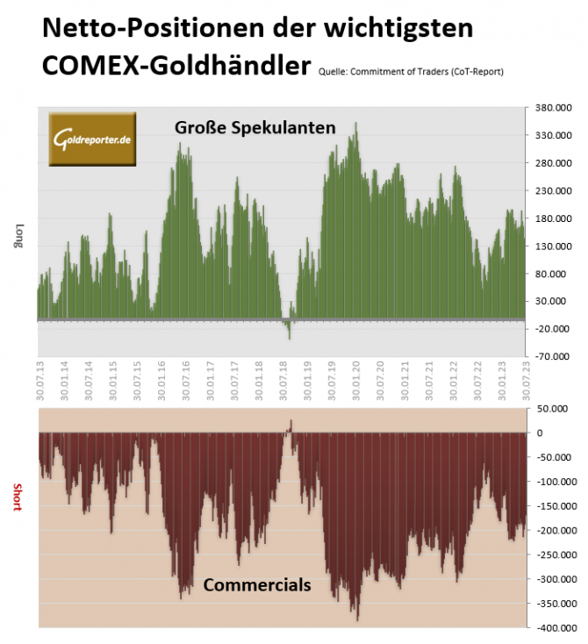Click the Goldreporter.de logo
[x=92, y=140]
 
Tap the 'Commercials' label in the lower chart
[x=257, y=584]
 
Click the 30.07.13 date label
[x=40, y=380]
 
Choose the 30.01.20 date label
[x=356, y=380]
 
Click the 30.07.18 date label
[x=283, y=380]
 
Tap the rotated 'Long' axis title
[x=17, y=237]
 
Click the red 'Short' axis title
[x=17, y=497]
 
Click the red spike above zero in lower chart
[x=290, y=426]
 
